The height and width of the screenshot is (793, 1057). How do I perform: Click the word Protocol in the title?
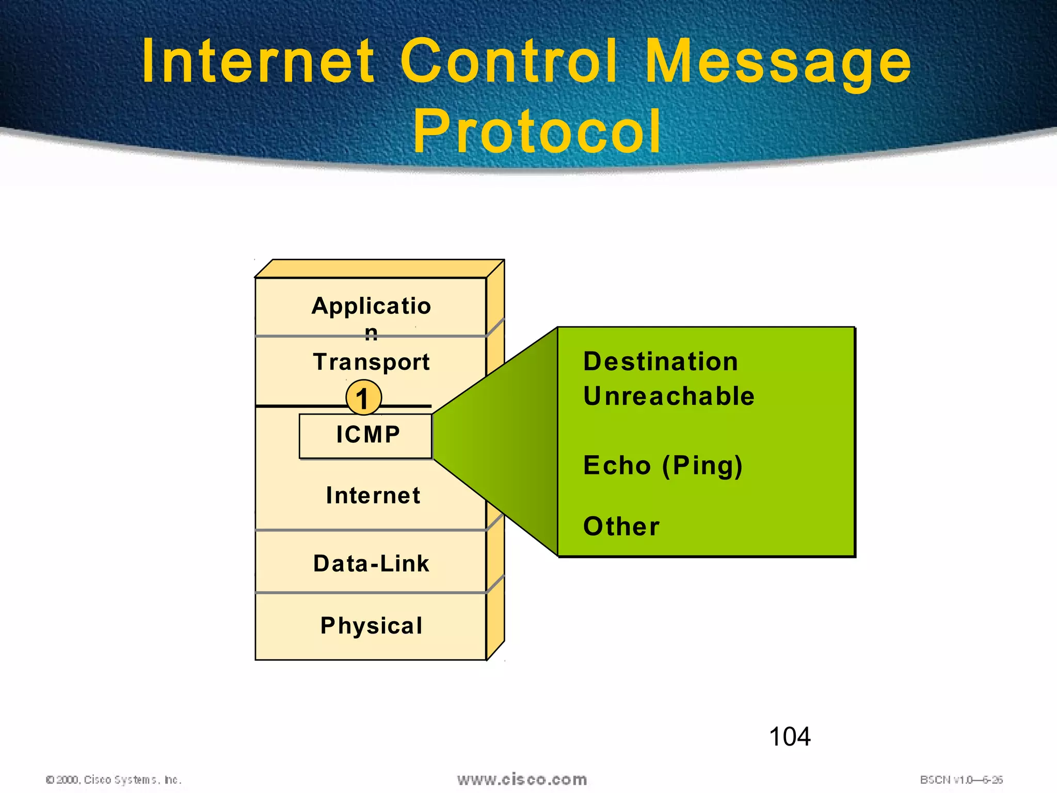point(537,132)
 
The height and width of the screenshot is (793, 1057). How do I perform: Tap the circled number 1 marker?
point(363,398)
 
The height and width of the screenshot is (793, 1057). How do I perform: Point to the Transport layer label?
point(371,362)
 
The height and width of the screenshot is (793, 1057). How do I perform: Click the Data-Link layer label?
point(371,563)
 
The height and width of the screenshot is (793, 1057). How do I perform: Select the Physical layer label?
point(371,626)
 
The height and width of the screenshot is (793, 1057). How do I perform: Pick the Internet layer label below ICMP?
point(373,496)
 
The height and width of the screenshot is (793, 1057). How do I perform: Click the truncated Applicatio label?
point(371,306)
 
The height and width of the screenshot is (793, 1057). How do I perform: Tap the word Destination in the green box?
point(661,361)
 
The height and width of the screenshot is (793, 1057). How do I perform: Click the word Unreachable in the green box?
point(669,396)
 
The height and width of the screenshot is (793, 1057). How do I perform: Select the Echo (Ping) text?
point(663,466)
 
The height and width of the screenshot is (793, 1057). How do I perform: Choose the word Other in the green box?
point(621,527)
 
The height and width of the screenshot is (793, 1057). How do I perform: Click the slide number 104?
point(790,737)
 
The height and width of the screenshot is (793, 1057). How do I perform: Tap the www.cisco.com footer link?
point(522,780)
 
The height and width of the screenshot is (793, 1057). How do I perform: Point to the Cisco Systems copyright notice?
point(114,780)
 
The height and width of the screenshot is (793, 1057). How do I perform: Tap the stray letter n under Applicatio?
point(371,333)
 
